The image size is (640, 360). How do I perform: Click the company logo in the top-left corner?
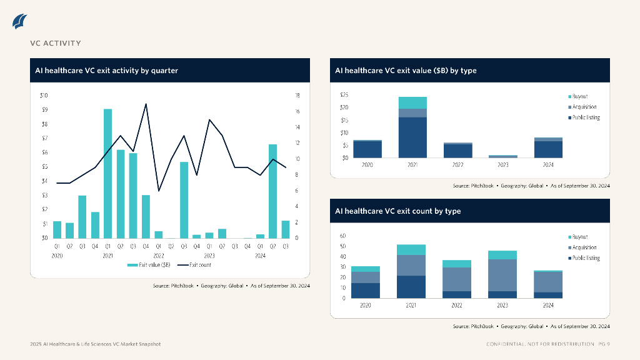click(x=20, y=21)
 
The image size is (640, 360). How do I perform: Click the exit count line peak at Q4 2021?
click(x=146, y=104)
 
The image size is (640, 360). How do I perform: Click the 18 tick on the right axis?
click(x=297, y=96)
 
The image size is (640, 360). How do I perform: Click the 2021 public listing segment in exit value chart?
click(x=412, y=137)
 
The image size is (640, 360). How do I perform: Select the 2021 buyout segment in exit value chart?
click(x=412, y=102)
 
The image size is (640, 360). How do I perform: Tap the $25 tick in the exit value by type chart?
click(x=344, y=95)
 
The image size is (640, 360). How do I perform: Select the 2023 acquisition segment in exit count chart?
click(x=502, y=275)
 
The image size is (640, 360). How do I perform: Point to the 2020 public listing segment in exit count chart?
click(x=366, y=291)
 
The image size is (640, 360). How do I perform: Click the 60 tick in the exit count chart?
click(x=343, y=236)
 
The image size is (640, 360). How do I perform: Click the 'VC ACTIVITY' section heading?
click(x=56, y=43)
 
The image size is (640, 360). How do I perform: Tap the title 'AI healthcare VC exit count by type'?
click(x=398, y=211)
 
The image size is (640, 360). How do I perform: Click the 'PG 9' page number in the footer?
click(x=604, y=344)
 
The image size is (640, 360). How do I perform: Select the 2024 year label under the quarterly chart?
click(x=261, y=256)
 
